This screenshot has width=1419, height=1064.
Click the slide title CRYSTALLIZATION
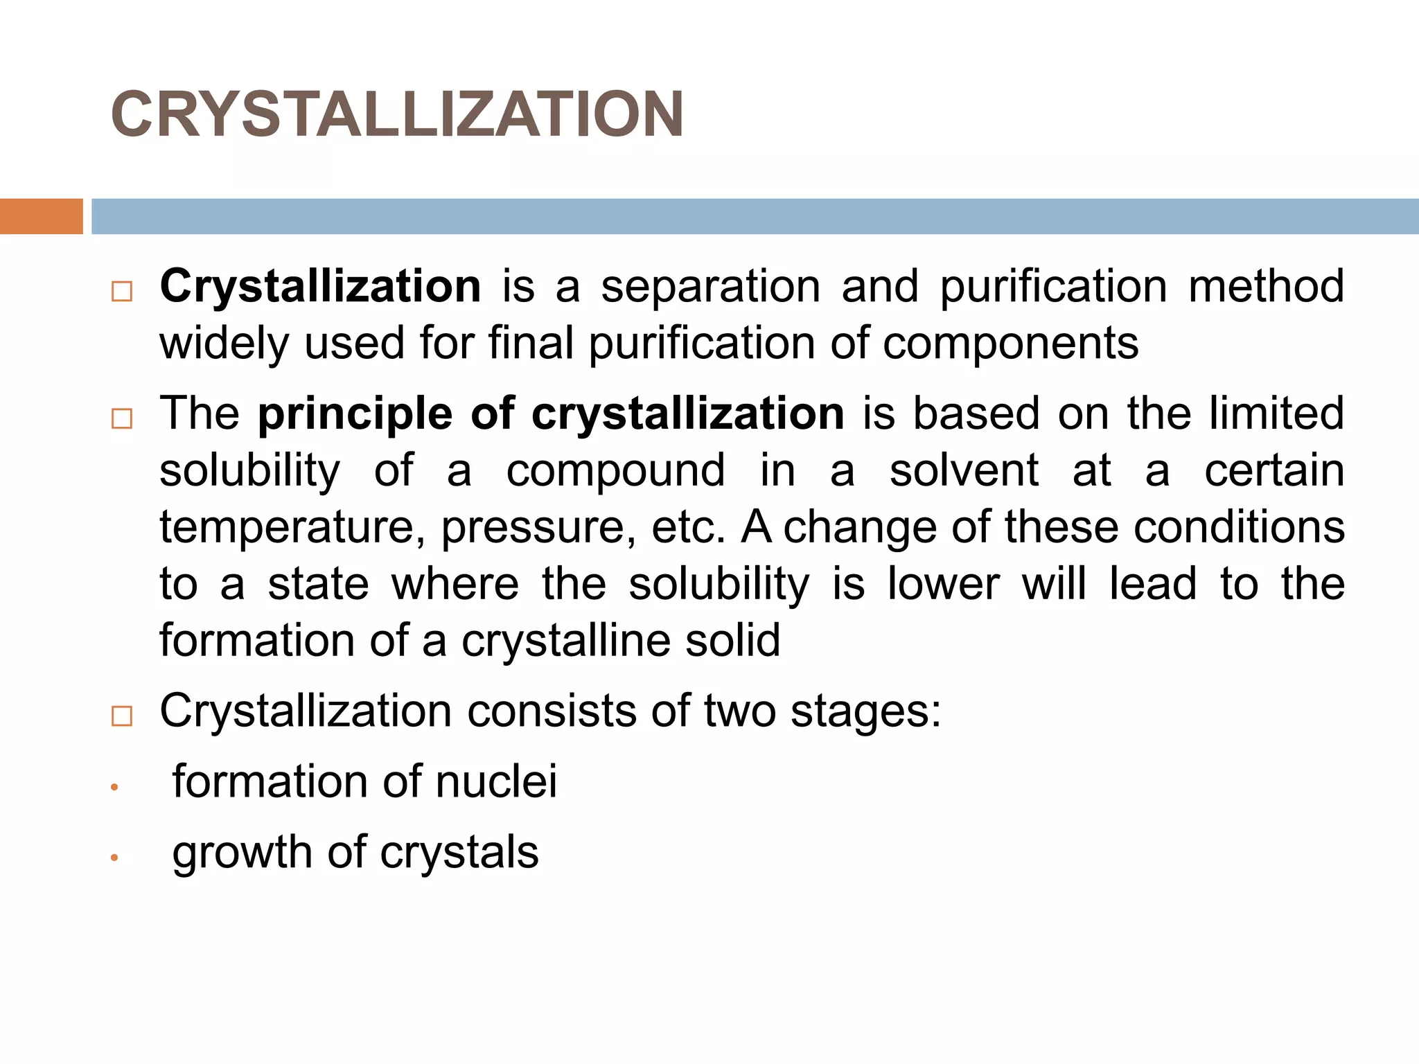tap(397, 114)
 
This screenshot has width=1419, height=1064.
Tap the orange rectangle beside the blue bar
tap(41, 216)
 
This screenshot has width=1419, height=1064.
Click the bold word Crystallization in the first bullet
tap(320, 286)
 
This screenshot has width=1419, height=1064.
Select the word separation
tap(710, 286)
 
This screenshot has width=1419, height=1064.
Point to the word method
tap(1266, 286)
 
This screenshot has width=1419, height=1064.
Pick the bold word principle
tap(355, 414)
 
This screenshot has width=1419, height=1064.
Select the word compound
tap(615, 471)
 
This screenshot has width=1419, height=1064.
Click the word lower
tap(944, 584)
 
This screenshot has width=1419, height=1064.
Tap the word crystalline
tap(565, 640)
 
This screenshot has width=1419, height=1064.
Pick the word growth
tap(242, 853)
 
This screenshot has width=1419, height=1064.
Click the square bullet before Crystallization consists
tap(122, 716)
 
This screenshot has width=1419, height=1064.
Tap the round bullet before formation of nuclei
tap(115, 788)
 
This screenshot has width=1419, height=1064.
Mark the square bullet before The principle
tap(122, 418)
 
